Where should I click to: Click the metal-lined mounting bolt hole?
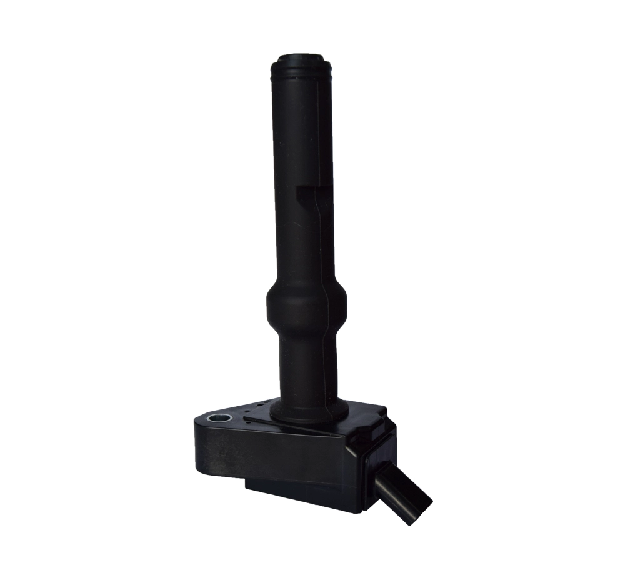[219, 417]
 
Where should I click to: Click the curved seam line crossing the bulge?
[326, 306]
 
